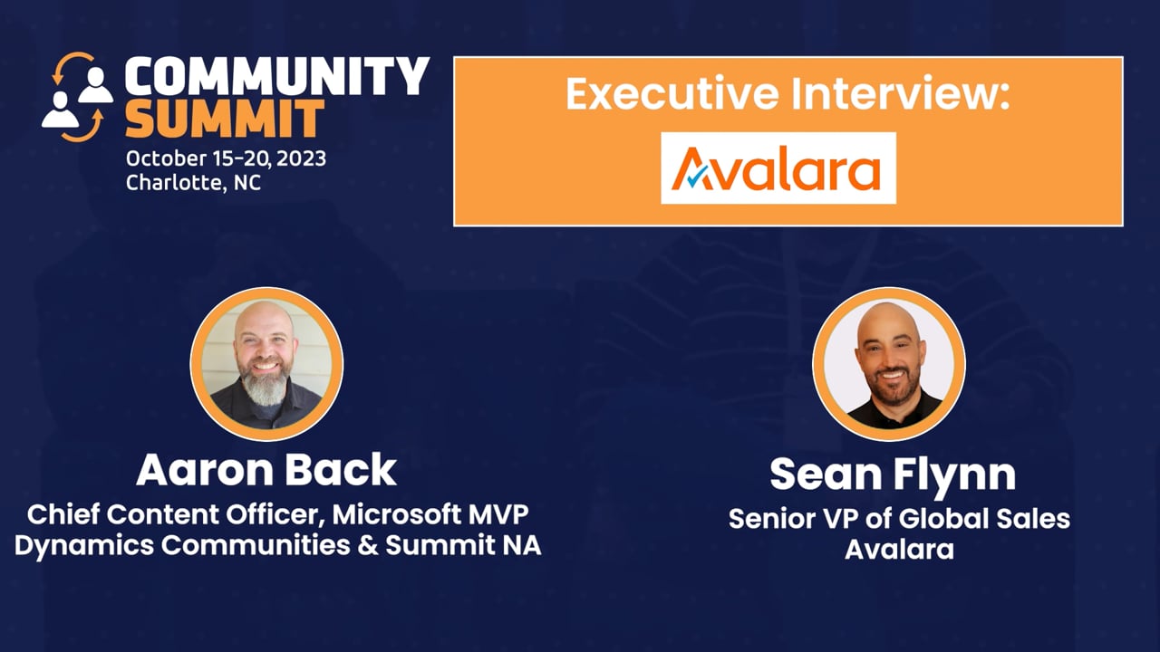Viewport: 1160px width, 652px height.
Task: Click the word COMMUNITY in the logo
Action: [276, 77]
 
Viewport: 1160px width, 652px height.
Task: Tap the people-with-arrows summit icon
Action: [78, 98]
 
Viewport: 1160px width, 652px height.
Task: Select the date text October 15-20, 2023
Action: [226, 158]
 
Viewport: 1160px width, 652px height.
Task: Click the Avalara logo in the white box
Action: [778, 168]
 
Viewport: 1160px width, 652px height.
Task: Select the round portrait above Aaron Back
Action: [266, 364]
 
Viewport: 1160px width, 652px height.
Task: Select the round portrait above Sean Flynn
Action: [888, 364]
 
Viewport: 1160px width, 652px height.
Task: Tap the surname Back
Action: [349, 470]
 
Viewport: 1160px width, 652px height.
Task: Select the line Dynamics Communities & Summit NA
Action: [277, 546]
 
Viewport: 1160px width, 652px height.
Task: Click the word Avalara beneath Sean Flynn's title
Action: [899, 549]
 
